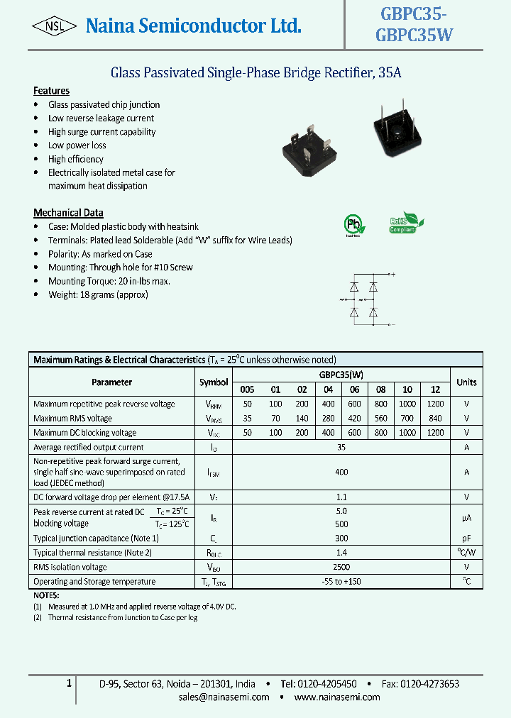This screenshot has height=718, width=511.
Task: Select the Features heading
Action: pyautogui.click(x=51, y=91)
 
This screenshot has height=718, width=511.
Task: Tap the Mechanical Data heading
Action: pyautogui.click(x=68, y=213)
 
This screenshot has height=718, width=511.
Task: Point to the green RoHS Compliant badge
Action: pyautogui.click(x=406, y=223)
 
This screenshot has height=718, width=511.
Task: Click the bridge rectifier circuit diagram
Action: pyautogui.click(x=363, y=299)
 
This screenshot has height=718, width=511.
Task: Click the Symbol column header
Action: pyautogui.click(x=214, y=382)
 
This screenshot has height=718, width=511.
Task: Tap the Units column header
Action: pyautogui.click(x=466, y=382)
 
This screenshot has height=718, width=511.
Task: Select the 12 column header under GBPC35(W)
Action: pyautogui.click(x=435, y=390)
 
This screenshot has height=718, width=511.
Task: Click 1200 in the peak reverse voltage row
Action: pyautogui.click(x=435, y=404)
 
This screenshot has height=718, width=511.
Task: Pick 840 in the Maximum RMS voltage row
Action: pyautogui.click(x=435, y=418)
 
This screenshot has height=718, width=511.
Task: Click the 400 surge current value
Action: pyautogui.click(x=341, y=472)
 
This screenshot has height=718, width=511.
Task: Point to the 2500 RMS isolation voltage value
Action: pyautogui.click(x=341, y=567)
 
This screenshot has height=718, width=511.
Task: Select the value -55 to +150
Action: pyautogui.click(x=341, y=582)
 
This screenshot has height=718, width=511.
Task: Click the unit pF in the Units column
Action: pyautogui.click(x=466, y=538)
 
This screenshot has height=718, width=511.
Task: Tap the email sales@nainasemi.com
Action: pyautogui.click(x=224, y=697)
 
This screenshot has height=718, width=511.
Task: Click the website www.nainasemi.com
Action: pyautogui.click(x=336, y=697)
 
